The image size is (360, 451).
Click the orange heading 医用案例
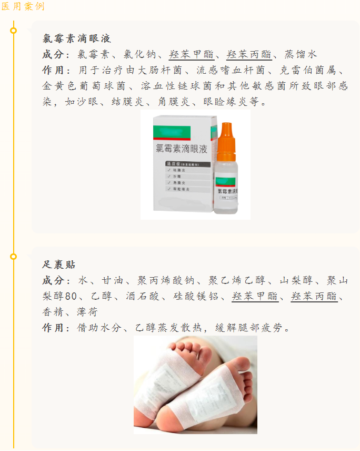23,6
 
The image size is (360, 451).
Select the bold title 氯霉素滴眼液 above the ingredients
77,38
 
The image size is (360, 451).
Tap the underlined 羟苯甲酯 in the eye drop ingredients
191,54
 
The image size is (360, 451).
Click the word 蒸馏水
301,54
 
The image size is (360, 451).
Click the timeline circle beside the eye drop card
14,30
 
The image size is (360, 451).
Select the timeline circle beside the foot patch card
14,257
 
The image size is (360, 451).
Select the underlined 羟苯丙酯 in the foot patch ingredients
314,296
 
